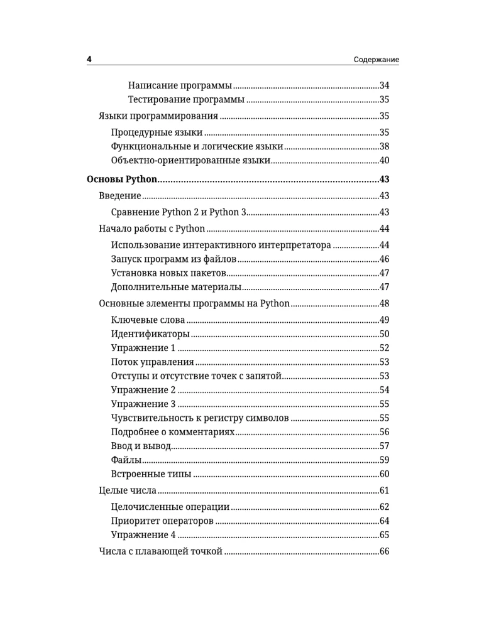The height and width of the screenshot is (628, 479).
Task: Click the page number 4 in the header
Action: coord(89,60)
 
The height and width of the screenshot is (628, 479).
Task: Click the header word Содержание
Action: coord(376,60)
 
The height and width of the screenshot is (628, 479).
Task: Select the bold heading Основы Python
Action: coord(121,179)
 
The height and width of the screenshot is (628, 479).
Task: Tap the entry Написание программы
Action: coord(180,85)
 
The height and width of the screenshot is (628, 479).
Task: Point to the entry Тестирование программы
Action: coord(186,99)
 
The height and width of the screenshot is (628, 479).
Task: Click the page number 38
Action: coord(385,146)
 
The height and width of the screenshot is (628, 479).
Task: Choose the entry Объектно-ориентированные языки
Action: coord(190,161)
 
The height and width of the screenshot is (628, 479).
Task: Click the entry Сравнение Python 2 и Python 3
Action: coord(179,212)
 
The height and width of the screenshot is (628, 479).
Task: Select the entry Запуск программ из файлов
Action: coord(173,259)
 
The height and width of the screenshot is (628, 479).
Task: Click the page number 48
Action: coord(385,304)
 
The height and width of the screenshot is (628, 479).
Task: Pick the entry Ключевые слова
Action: coord(148,320)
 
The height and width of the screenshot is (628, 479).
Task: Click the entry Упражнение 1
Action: coord(143,348)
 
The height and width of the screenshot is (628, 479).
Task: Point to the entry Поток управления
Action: coord(152,362)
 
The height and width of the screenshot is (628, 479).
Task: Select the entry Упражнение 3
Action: coord(143,404)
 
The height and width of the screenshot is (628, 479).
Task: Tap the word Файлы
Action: coord(126,460)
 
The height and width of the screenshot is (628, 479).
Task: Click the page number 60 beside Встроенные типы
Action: coord(385,474)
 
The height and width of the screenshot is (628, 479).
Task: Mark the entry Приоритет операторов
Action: coord(162,521)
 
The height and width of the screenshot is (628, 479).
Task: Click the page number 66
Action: coord(385,551)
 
